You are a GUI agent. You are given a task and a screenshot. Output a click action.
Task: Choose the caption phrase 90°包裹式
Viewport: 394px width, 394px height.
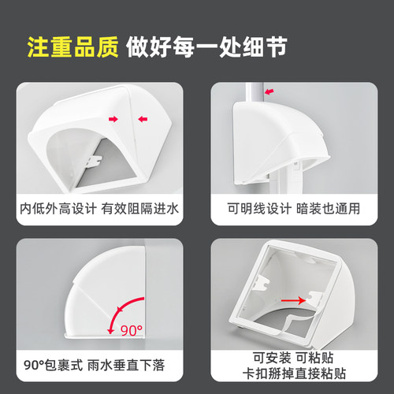click(51, 365)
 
